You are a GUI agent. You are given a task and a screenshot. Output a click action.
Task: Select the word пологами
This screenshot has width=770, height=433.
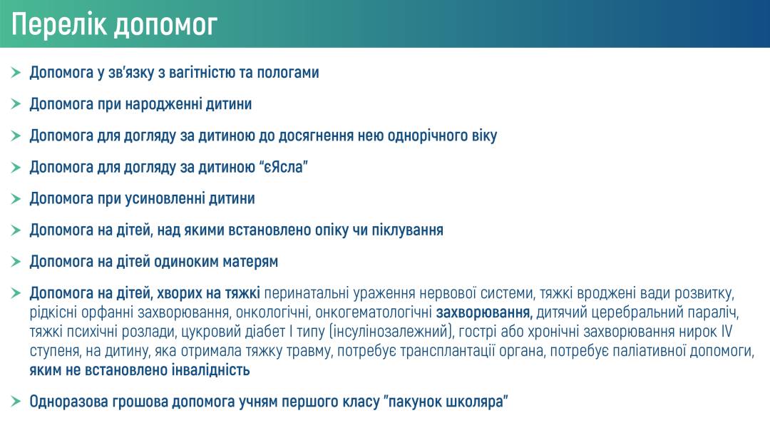pos(286,73)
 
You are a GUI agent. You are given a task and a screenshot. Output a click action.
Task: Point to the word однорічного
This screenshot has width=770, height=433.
pos(426,136)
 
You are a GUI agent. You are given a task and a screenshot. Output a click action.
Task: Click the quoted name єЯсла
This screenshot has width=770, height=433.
pos(282,167)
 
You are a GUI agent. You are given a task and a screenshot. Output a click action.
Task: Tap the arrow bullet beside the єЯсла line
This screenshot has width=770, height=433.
pos(15,167)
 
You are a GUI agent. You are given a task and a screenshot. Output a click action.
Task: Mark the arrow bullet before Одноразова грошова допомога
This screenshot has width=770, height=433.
pos(15,402)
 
